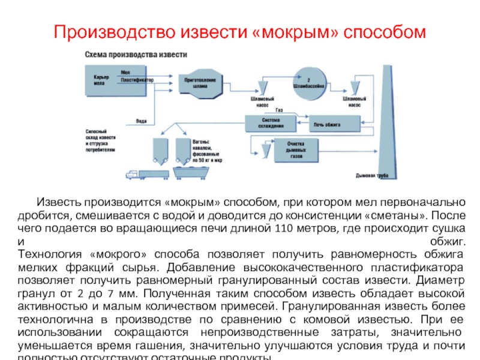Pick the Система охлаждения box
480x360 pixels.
point(270,123)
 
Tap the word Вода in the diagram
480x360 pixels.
point(142,121)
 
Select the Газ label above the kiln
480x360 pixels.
point(279,110)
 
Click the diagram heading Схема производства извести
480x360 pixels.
point(136,54)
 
